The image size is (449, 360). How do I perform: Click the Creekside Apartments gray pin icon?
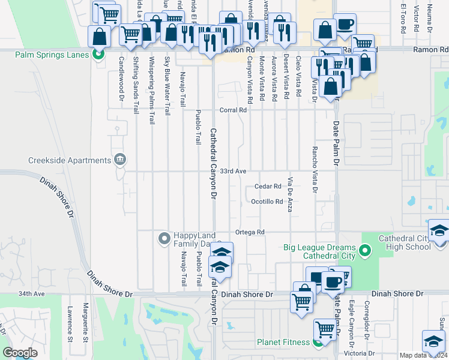120,160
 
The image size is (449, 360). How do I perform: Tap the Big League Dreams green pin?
364,248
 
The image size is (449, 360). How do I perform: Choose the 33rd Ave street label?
233,172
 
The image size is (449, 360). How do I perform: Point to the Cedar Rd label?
268,187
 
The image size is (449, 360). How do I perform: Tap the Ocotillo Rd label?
267,202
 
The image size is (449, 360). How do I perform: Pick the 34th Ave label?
32,294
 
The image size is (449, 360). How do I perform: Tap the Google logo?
20,353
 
